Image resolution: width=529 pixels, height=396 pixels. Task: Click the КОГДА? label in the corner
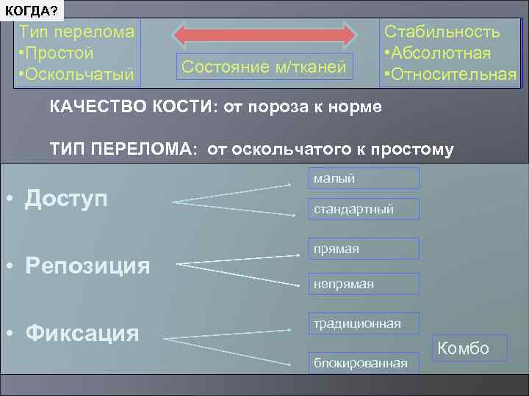[33, 10]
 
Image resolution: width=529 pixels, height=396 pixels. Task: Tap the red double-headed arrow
[264, 34]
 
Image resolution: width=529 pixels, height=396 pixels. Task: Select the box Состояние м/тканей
[264, 67]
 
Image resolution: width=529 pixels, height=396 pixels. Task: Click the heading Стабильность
[442, 32]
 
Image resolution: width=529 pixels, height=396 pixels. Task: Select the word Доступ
[66, 198]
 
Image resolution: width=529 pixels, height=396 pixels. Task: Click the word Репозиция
[87, 265]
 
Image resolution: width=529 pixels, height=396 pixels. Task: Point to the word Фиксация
[82, 333]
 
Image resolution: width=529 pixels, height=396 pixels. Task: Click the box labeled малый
[364, 178]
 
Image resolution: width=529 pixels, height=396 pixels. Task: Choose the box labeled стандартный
[364, 209]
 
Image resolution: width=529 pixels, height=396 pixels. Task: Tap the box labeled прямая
[364, 249]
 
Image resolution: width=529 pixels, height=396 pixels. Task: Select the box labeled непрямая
[364, 284]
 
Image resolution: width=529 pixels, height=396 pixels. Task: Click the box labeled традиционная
[364, 323]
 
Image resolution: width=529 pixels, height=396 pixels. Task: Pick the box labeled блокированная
[364, 362]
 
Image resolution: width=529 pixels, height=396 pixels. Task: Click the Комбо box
[463, 348]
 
